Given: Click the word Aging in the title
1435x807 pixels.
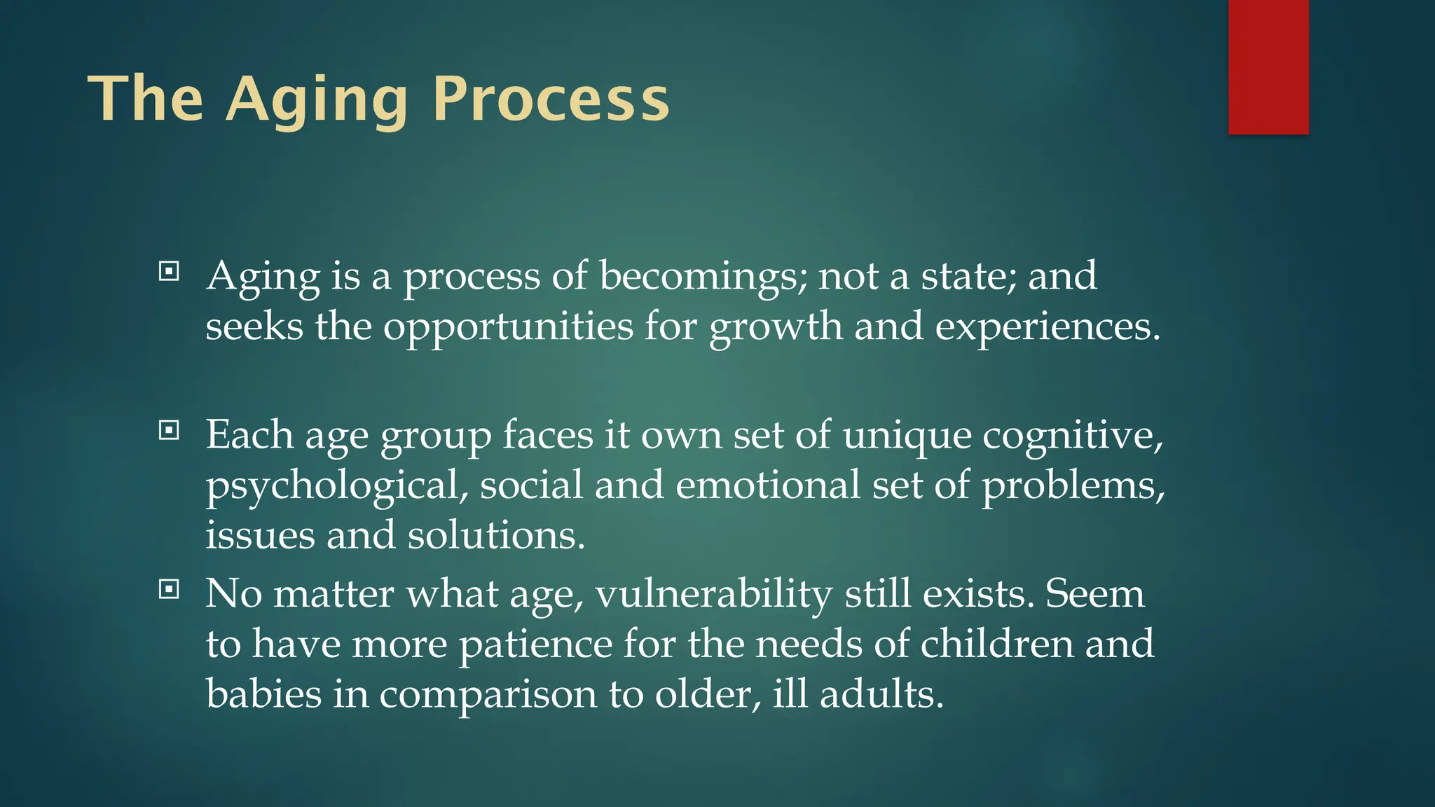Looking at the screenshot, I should click(317, 99).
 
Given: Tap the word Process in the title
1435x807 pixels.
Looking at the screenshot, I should click(551, 99).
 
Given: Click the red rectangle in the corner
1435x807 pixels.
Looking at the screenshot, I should click(1268, 67).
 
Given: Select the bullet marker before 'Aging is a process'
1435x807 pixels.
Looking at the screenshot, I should click(169, 271).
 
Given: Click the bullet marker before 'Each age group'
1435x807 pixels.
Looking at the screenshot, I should click(169, 430).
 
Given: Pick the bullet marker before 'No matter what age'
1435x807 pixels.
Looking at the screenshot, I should click(169, 589).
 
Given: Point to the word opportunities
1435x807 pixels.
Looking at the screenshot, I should click(508, 326).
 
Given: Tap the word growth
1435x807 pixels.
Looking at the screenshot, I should click(776, 326).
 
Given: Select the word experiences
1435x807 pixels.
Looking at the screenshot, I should click(1047, 326).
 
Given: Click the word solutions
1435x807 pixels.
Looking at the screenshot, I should click(495, 536).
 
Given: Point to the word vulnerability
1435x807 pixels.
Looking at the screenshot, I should click(714, 594).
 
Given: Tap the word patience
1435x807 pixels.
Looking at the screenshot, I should click(535, 644).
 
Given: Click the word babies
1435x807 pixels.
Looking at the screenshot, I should click(263, 695).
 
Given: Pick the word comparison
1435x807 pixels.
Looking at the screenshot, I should click(488, 695).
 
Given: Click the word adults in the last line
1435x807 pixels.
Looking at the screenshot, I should click(881, 695).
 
